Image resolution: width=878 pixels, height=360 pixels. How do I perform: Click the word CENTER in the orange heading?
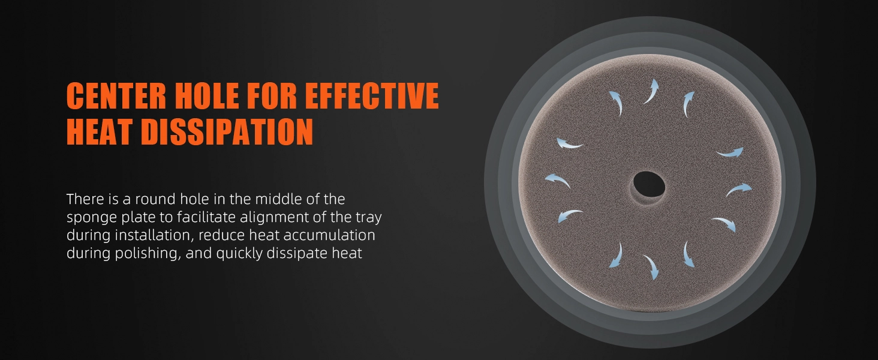pos(116,95)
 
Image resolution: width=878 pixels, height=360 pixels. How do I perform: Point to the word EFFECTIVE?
pos(372,95)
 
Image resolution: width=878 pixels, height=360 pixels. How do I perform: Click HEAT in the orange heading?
pos(99,132)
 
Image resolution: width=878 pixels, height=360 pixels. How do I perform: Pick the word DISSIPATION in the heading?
pos(227,132)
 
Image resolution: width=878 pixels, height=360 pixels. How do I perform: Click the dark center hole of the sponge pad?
pos(649,184)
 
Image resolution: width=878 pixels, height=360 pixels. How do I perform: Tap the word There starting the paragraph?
pos(85,199)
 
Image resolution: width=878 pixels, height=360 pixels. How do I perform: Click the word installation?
pos(154,235)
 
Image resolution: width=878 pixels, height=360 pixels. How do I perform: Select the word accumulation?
pos(329,235)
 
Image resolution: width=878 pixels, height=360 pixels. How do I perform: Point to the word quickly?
pos(239,254)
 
